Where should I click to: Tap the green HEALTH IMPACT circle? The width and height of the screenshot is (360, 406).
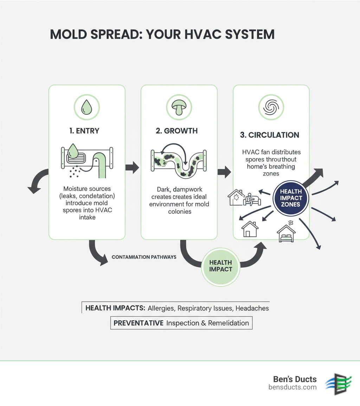point(220,266)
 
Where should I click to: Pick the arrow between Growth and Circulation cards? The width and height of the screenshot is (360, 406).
point(224,172)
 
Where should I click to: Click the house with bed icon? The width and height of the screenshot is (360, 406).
point(286,233)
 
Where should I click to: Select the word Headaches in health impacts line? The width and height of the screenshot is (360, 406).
point(252,308)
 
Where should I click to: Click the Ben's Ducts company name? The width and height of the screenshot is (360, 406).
point(295,379)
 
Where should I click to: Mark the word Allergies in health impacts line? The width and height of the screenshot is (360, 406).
point(161,308)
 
